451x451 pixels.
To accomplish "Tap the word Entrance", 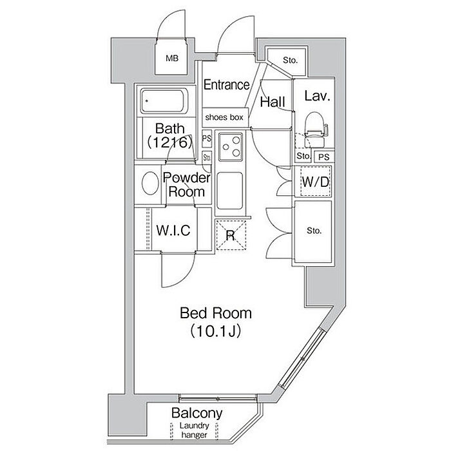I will [x=226, y=84].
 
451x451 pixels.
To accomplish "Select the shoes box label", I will [x=224, y=117].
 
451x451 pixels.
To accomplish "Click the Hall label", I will [x=273, y=101].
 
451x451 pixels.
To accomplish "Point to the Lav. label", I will [x=317, y=97].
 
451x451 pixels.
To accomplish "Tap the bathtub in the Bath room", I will [x=164, y=101].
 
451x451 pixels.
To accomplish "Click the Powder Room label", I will [x=187, y=185].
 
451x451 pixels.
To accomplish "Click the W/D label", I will [x=316, y=182].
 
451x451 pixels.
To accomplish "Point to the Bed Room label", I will [x=215, y=314].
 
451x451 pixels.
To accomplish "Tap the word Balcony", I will [x=197, y=413].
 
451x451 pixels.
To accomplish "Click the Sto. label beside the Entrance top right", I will [x=290, y=61].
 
